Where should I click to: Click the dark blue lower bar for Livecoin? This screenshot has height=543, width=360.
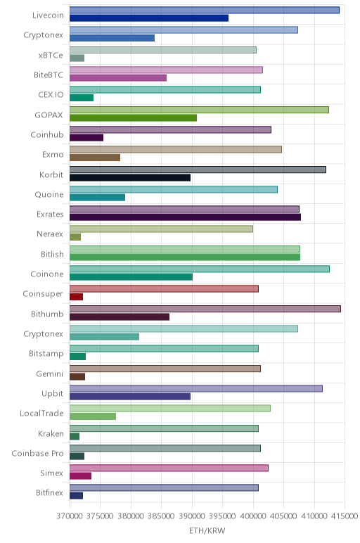[x=149, y=18]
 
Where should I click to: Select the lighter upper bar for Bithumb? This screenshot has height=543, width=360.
[x=205, y=309]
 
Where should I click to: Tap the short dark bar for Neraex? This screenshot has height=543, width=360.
[x=75, y=237]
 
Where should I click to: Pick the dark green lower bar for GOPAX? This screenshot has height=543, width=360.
[x=133, y=117]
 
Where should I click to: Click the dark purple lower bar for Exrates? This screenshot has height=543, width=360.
[x=185, y=217]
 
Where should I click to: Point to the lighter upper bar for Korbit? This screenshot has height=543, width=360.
[x=198, y=170]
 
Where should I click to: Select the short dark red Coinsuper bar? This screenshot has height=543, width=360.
[x=76, y=297]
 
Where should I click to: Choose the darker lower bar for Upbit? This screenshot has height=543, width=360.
[x=130, y=397]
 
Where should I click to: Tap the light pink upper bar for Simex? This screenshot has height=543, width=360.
[x=169, y=468]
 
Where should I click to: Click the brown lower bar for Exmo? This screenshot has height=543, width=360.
[x=95, y=158]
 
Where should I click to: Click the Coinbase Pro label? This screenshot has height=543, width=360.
[x=37, y=453]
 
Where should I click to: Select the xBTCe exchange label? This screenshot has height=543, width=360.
[x=51, y=56]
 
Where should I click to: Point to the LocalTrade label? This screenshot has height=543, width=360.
[x=41, y=414]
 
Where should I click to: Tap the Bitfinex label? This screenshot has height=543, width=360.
[x=49, y=493]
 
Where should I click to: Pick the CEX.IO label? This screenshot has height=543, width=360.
[x=51, y=95]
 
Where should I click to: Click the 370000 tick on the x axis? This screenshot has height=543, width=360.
[x=70, y=516]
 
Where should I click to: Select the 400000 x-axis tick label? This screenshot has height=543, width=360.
[x=253, y=516]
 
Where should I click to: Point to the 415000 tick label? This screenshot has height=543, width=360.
[x=344, y=516]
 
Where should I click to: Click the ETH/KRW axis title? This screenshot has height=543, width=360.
[x=207, y=530]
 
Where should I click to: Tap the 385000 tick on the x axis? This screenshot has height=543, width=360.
[x=161, y=516]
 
